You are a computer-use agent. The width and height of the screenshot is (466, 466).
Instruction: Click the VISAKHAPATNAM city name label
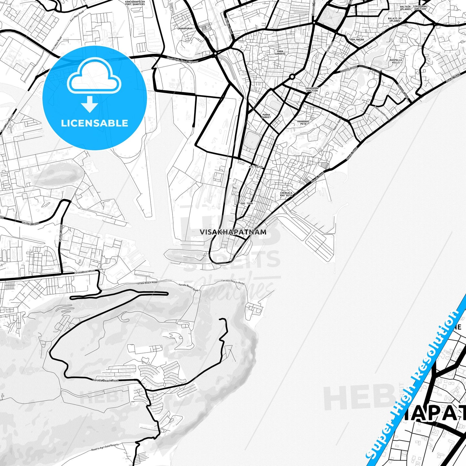pyautogui.click(x=233, y=232)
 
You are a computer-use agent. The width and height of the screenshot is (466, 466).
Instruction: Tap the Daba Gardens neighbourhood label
pyautogui.click(x=280, y=53)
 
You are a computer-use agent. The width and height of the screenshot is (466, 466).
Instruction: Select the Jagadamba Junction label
pyautogui.click(x=312, y=90)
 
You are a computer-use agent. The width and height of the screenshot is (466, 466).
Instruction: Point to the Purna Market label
pyautogui.click(x=266, y=116)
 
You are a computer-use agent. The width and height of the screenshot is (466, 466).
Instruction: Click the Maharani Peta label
pyautogui.click(x=303, y=123)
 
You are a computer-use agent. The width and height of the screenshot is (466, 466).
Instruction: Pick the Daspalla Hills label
pyautogui.click(x=396, y=61)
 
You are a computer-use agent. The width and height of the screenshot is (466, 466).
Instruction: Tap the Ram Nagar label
pyautogui.click(x=357, y=40)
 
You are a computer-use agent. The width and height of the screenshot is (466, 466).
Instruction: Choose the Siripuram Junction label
pyautogui.click(x=420, y=8)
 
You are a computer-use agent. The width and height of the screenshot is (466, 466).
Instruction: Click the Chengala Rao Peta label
pyautogui.click(x=286, y=194)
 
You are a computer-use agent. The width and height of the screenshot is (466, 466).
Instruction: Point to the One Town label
pyautogui.click(x=247, y=203)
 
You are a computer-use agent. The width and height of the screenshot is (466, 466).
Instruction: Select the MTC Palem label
pyautogui.click(x=256, y=167)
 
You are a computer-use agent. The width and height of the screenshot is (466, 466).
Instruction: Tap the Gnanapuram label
pyautogui.click(x=185, y=28)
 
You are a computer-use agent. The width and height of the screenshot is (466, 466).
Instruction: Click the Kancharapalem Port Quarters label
pyautogui.click(x=135, y=3)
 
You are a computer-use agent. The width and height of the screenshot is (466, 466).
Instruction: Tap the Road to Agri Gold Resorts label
pyautogui.click(x=105, y=447)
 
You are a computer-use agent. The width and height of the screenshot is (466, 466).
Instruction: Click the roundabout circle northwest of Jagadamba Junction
pyautogui.click(x=292, y=77)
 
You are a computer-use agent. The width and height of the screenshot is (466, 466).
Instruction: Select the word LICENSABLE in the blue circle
pyautogui.click(x=94, y=123)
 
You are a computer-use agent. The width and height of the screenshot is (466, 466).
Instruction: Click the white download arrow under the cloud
pyautogui.click(x=90, y=104)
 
